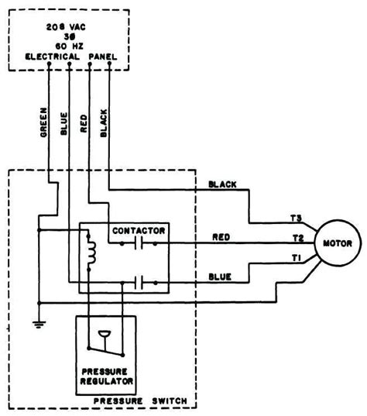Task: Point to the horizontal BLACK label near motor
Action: [222, 184]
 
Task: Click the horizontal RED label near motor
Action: [222, 236]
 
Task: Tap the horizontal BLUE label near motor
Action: [222, 275]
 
